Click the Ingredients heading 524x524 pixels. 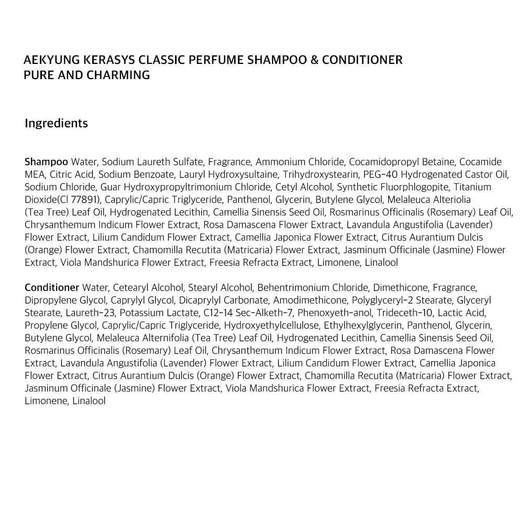pyautogui.click(x=56, y=124)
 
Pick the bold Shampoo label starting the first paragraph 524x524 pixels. pyautogui.click(x=46, y=162)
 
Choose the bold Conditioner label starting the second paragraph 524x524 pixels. pyautogui.click(x=51, y=288)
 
